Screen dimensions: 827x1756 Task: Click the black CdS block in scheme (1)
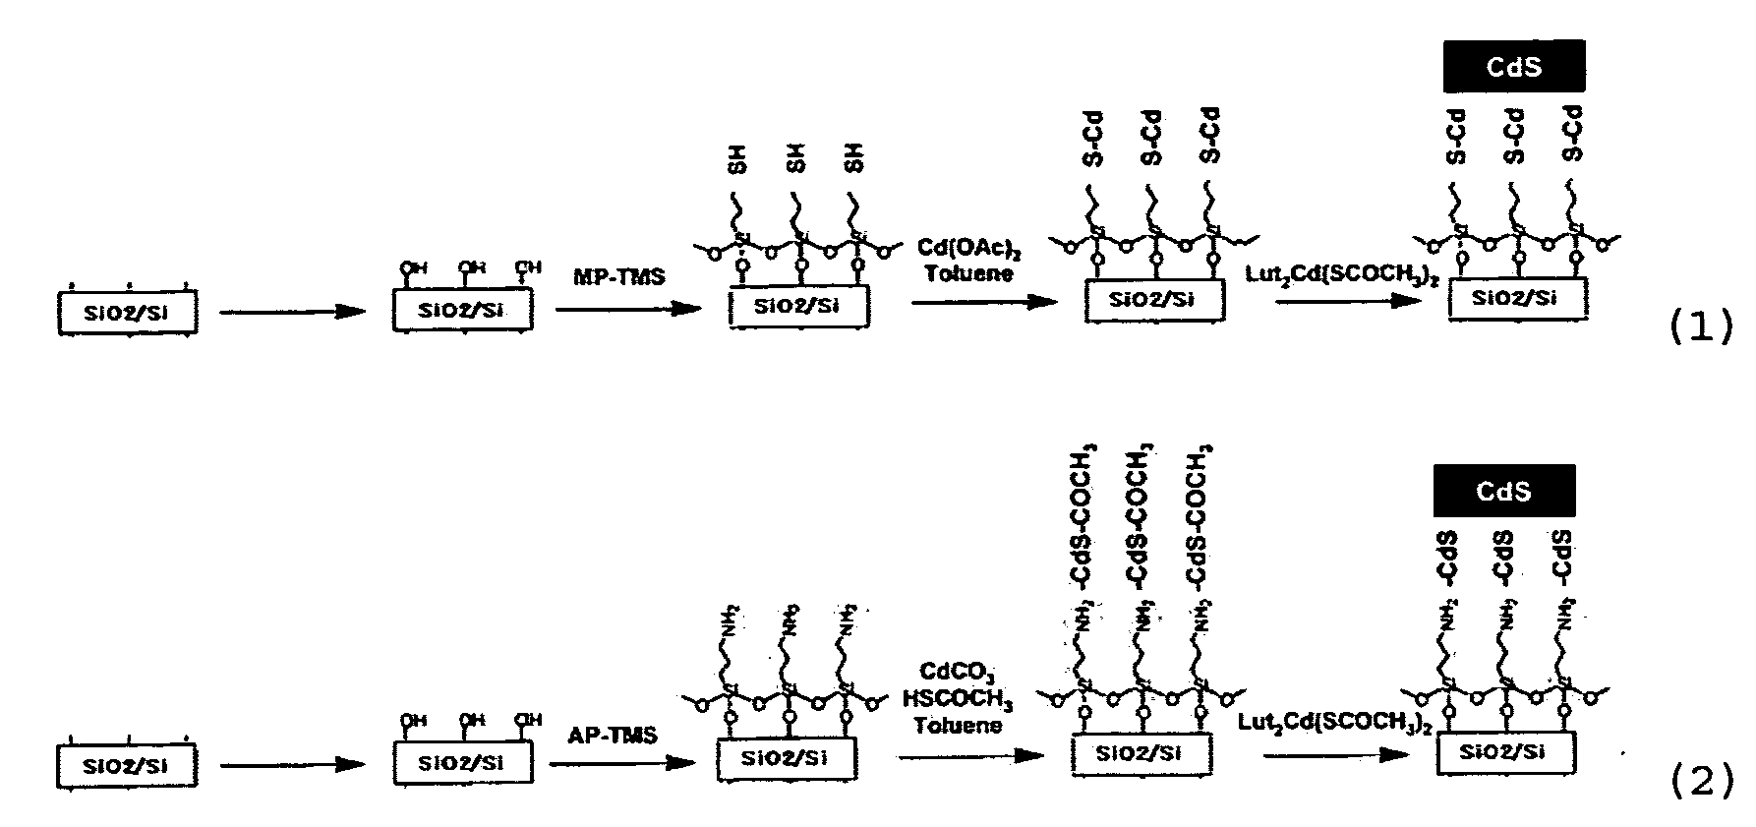(1514, 66)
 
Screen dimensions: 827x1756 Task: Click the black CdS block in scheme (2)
(1504, 491)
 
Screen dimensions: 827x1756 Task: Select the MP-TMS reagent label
(619, 276)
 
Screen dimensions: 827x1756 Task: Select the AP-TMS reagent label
(613, 735)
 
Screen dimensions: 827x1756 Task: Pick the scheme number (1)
(1702, 327)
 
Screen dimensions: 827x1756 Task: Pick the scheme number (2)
(1702, 782)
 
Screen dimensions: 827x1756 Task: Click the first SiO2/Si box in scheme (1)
(128, 313)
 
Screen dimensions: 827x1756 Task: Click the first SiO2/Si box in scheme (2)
(128, 765)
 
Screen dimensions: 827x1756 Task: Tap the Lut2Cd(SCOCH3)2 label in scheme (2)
(1334, 724)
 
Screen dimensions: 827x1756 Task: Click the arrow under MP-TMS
(627, 309)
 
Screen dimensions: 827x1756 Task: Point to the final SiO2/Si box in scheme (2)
(1506, 753)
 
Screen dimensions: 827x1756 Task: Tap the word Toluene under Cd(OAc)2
(968, 273)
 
